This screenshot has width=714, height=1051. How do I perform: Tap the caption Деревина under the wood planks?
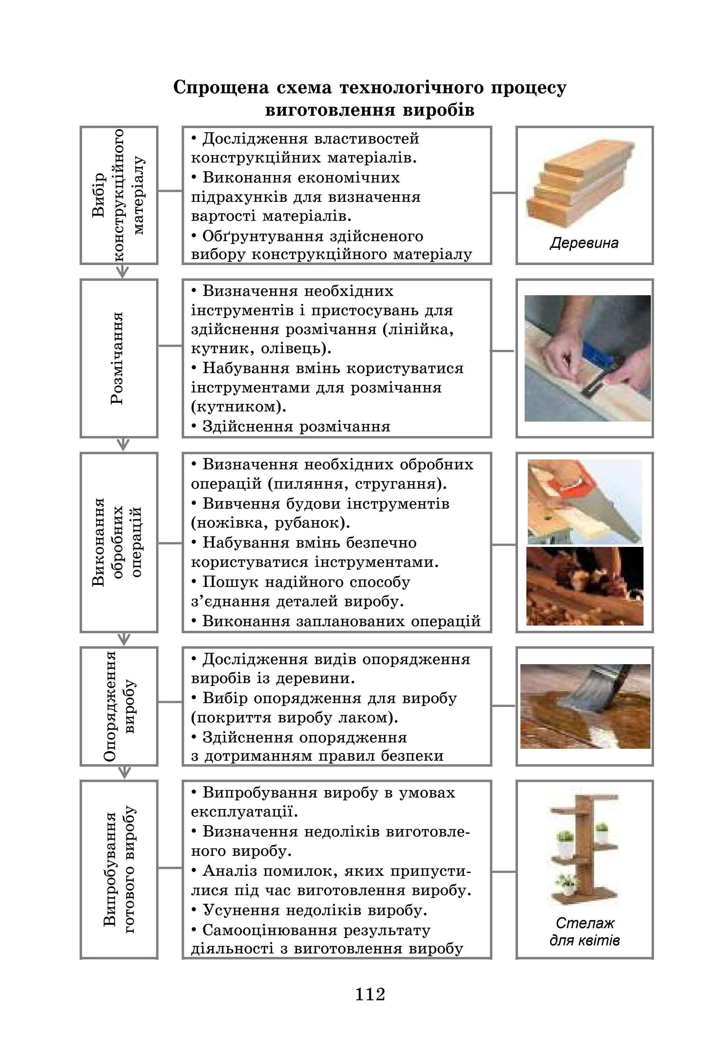tap(584, 243)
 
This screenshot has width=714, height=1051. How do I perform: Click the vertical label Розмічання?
tap(116, 358)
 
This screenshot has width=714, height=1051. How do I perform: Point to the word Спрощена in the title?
tap(221, 88)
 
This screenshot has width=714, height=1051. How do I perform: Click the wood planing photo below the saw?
tap(585, 586)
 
